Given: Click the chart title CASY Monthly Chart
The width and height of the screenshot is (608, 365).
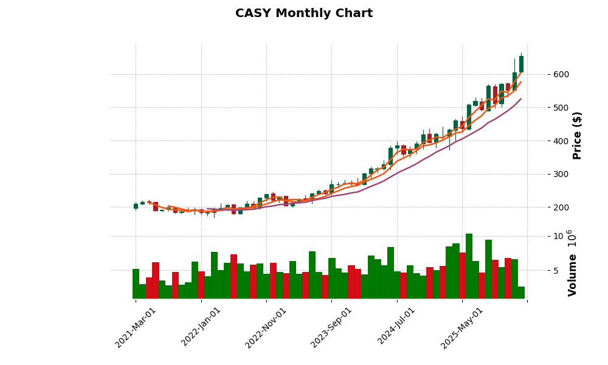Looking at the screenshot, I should [304, 13].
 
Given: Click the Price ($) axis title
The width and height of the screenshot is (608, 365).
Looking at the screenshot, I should [578, 135].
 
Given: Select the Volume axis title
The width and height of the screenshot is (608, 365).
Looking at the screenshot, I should [572, 263].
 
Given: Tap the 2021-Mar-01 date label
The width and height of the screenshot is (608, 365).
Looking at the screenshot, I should [136, 327].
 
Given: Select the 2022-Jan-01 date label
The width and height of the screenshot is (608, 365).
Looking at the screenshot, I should [202, 327].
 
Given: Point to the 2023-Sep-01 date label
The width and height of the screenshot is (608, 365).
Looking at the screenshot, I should [332, 327].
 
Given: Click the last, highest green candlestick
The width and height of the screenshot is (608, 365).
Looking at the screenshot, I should [521, 64].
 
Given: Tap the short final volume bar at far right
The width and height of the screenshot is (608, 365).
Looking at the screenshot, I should [521, 293].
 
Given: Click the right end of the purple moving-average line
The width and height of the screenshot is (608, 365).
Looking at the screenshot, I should [520, 99].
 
